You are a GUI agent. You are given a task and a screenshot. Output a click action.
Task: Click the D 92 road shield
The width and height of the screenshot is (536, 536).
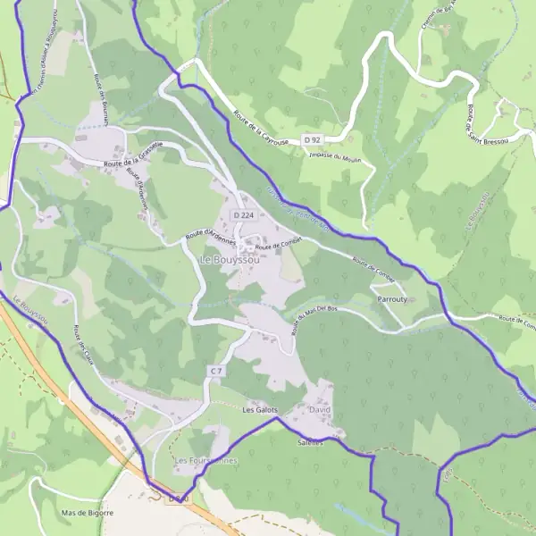coord(311,140)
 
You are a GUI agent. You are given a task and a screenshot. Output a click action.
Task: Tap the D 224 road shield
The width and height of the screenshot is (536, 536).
coord(243,215)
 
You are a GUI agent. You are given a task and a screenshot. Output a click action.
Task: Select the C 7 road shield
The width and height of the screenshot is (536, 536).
coord(215,370)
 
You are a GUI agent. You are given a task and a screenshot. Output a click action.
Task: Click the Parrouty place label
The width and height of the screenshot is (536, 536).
coord(392,298)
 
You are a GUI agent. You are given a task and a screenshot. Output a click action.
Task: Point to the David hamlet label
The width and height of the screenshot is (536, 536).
coord(319,409)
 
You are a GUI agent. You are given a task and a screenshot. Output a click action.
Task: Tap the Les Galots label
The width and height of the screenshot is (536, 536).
coord(261,410)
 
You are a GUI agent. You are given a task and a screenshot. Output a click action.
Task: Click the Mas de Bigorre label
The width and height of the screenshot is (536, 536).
coord(88,514)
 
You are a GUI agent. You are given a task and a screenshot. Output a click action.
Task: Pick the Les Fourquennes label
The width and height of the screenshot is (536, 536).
coord(206,460)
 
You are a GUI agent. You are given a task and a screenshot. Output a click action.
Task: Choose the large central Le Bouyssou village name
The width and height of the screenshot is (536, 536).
coord(225,260)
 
